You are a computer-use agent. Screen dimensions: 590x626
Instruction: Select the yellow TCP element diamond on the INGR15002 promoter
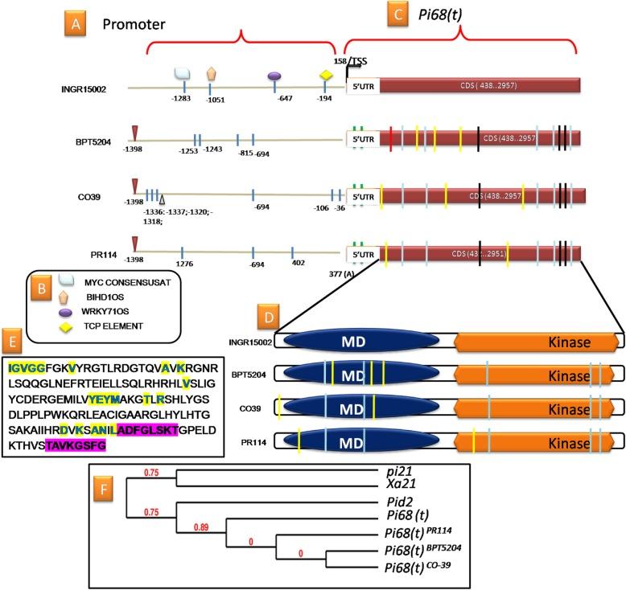point(326,76)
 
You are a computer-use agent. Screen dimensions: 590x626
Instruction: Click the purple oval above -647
point(274,75)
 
